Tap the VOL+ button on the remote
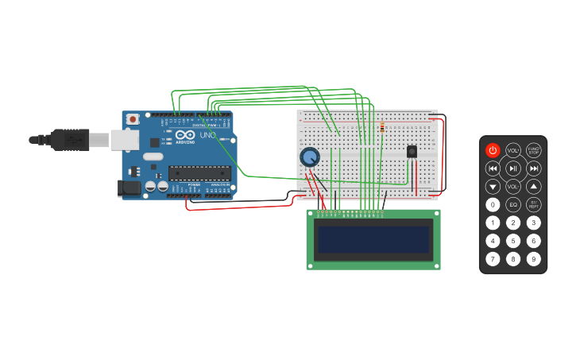coord(513,150)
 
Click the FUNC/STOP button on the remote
coord(534,150)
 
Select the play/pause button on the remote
coord(513,168)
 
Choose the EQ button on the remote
coord(513,205)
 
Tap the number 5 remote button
coord(513,241)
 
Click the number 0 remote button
coord(493,205)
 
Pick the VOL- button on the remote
coord(513,187)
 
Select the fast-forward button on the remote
coord(534,168)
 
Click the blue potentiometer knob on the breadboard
coord(309,157)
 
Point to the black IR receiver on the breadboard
coord(412,151)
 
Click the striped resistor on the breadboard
coord(382,127)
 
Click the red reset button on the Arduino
coord(133,119)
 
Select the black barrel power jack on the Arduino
coord(129,188)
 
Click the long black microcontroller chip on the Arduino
coord(199,172)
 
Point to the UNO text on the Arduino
coord(207,135)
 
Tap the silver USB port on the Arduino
coord(123,140)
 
